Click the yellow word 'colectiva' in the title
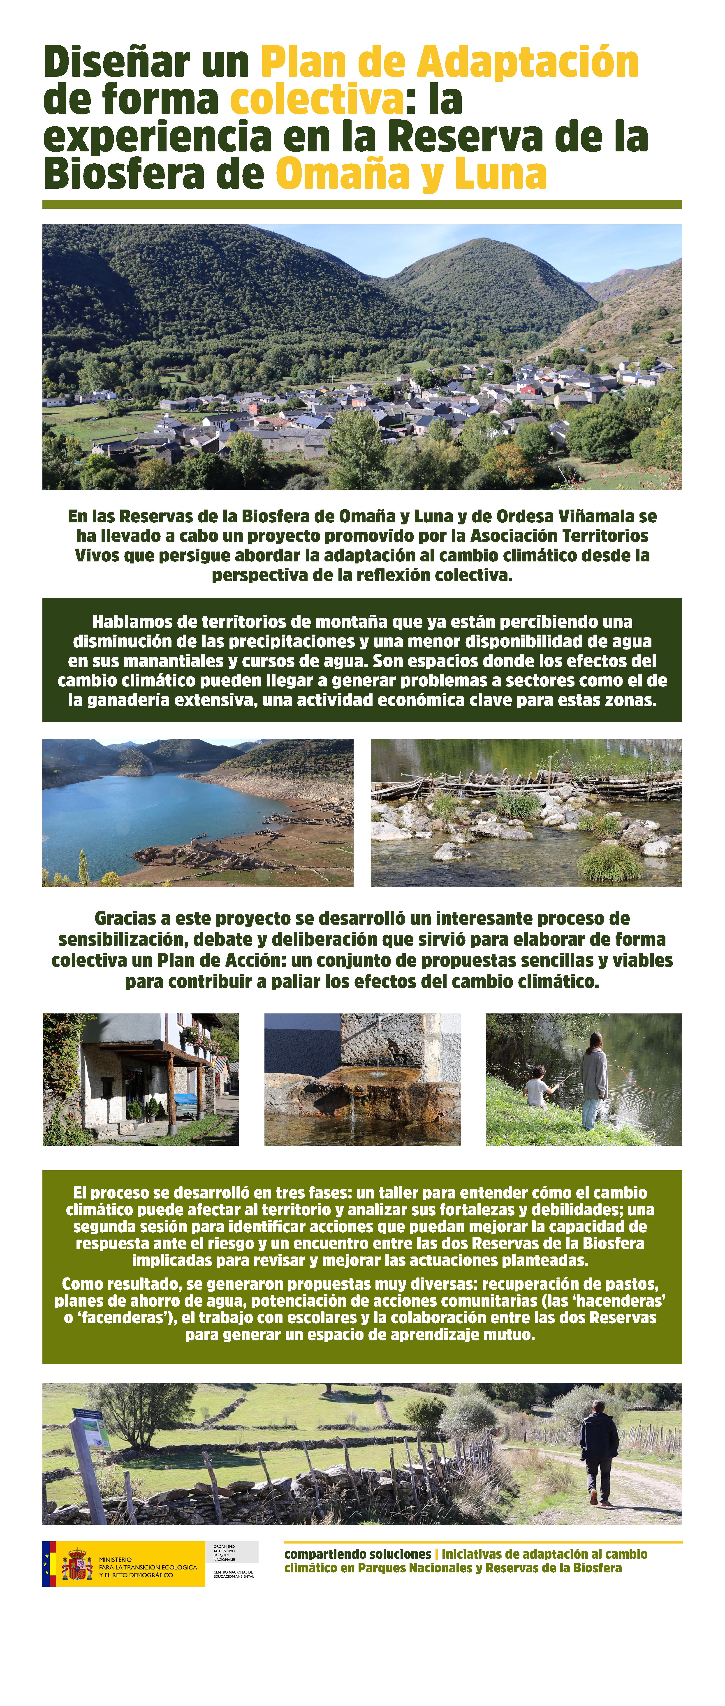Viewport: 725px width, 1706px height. click(317, 99)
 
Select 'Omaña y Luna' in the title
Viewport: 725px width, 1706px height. click(410, 174)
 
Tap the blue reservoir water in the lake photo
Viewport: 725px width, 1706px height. click(132, 815)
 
